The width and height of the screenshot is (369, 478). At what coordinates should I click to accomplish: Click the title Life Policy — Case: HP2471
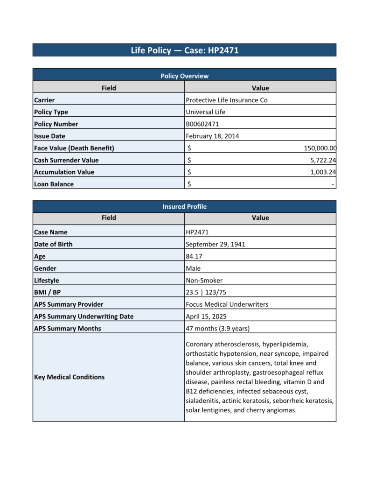coord(184,50)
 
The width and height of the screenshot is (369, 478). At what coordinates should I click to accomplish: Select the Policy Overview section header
coord(184,76)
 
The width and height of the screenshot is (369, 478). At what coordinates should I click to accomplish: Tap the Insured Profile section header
coord(184,206)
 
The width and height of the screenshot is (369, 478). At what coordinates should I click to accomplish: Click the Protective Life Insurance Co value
coord(226,100)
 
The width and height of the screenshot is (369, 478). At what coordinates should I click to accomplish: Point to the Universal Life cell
coord(205,112)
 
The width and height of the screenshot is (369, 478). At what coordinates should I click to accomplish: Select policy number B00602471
coord(202,124)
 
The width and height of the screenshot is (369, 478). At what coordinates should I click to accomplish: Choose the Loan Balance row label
coord(54,184)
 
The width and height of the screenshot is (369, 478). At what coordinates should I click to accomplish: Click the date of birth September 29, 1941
coord(215,244)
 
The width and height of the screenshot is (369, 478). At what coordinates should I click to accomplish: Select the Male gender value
coord(193,268)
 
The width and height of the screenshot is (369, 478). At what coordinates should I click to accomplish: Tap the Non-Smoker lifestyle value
coord(204,281)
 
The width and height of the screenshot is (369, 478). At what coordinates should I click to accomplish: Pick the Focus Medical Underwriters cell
coord(227,304)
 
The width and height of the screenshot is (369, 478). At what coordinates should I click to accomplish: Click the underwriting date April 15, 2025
coord(206,316)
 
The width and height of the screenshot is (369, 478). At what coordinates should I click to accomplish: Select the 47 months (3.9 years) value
coord(217,329)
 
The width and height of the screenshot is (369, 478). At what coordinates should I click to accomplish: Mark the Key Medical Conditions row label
coord(69,377)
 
